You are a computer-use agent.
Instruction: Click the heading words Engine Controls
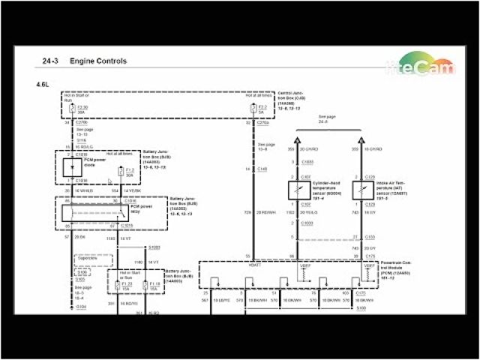click(98, 61)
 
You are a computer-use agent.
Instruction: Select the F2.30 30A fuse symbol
click(73, 108)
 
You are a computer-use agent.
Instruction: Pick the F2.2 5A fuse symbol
click(253, 108)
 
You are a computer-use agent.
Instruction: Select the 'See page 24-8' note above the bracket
click(327, 120)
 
